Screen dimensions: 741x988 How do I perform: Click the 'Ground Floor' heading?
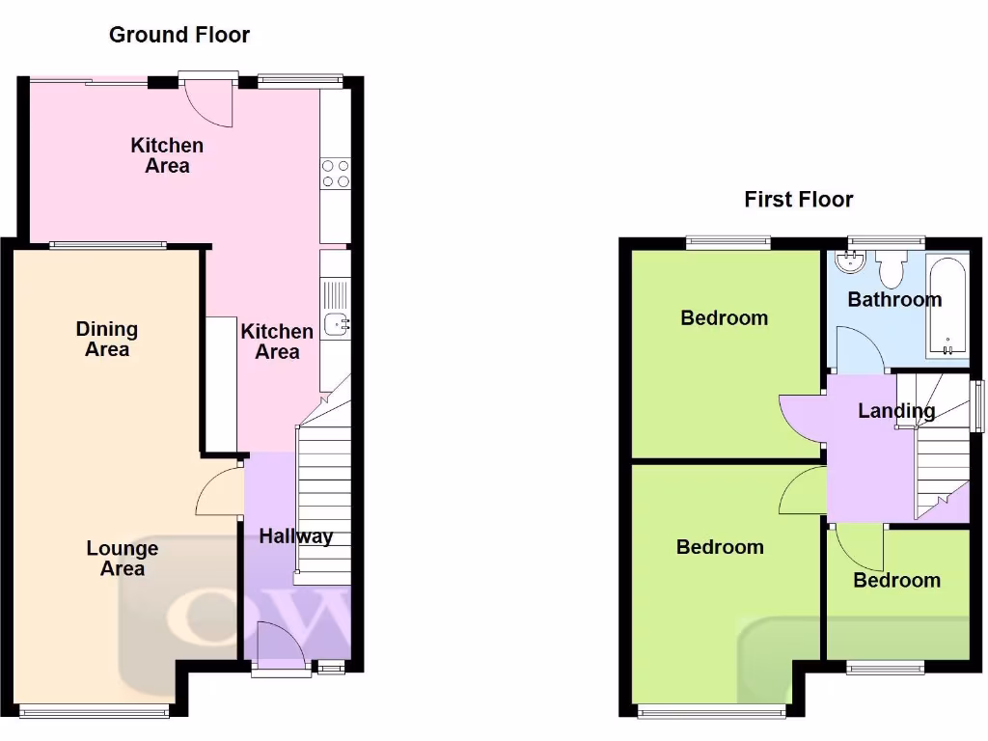[x=179, y=35]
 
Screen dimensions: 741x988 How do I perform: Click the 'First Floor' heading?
[x=798, y=200]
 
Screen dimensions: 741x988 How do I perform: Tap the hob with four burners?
[x=335, y=173]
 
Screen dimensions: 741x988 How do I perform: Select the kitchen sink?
[x=336, y=325]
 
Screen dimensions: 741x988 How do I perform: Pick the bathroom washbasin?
[x=850, y=261]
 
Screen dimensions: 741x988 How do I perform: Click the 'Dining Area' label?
[x=107, y=340]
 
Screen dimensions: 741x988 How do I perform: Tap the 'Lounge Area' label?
[x=123, y=559]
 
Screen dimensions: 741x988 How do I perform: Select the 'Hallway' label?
[x=295, y=536]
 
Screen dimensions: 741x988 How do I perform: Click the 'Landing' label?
[x=896, y=411]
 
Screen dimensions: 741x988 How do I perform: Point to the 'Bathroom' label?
[x=894, y=299]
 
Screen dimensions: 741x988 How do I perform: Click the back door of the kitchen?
[x=207, y=101]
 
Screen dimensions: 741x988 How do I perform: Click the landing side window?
[x=978, y=406]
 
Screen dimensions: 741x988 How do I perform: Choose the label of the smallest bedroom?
[x=896, y=580]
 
